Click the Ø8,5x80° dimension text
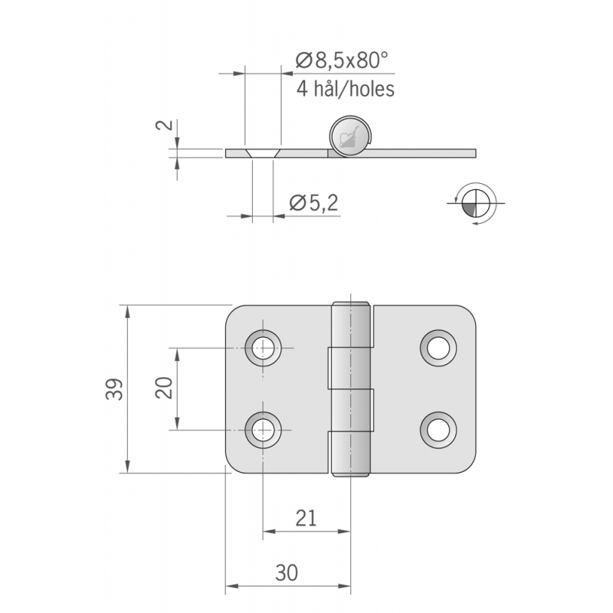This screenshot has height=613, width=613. [342, 61]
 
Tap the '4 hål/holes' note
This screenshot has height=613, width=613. [346, 89]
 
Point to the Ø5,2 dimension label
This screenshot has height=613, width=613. [314, 203]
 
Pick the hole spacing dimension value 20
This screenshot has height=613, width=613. [164, 388]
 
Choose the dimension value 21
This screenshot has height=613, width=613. [306, 519]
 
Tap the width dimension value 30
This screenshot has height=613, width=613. [287, 572]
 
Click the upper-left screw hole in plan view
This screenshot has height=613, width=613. [263, 348]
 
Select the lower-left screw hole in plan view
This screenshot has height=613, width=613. [263, 430]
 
